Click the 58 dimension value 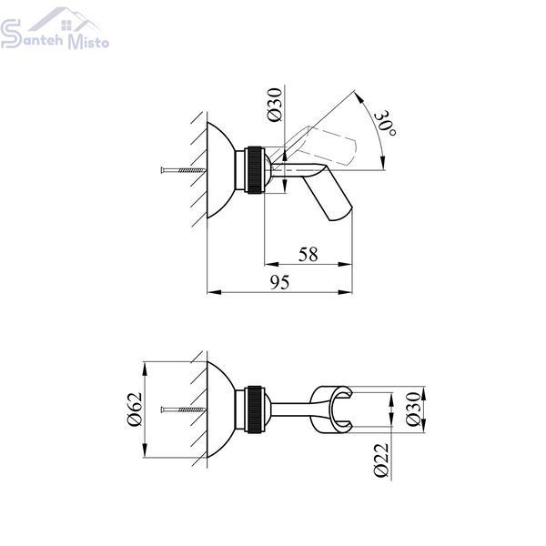point(308,255)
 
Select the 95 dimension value point(280,282)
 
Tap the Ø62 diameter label point(135,409)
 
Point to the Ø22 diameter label point(380,460)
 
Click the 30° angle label point(386,124)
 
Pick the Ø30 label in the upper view point(275,105)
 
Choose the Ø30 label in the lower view point(413,409)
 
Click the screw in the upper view point(183,170)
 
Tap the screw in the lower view point(183,409)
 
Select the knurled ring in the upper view point(255,169)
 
